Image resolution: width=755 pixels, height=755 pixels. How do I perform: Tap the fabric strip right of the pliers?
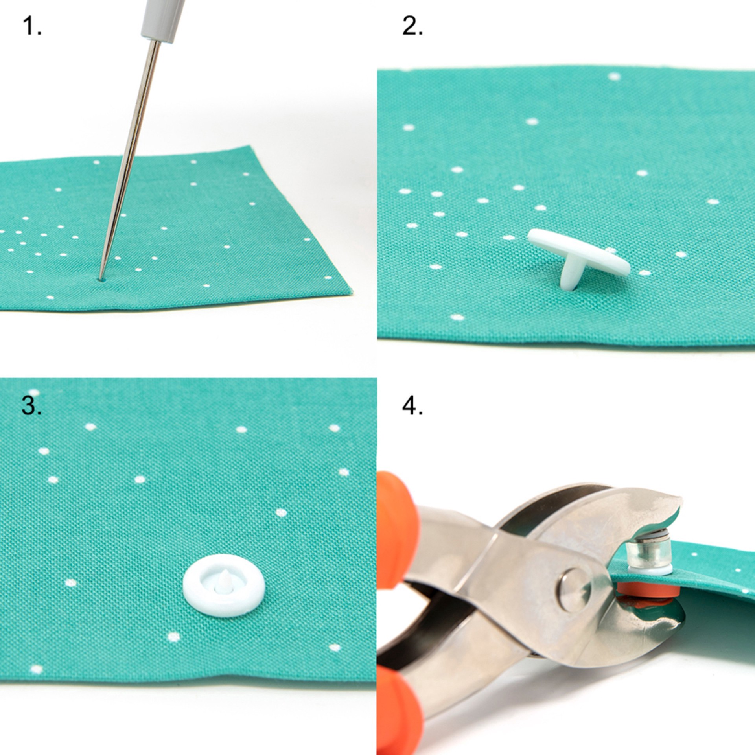pyautogui.click(x=716, y=570)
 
